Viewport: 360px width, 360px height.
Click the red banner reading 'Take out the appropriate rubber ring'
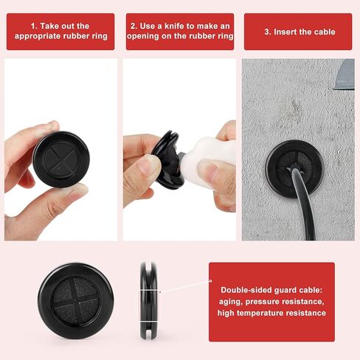[60, 31]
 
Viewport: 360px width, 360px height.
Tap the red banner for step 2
[180, 31]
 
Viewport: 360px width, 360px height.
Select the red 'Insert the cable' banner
[300, 31]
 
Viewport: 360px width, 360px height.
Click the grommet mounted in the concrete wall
[294, 169]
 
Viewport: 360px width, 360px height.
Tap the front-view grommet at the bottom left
[76, 301]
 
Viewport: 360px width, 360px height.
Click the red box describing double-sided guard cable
[271, 302]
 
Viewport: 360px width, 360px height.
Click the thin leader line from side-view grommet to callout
[184, 291]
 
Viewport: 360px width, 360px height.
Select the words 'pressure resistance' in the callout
[285, 301]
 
